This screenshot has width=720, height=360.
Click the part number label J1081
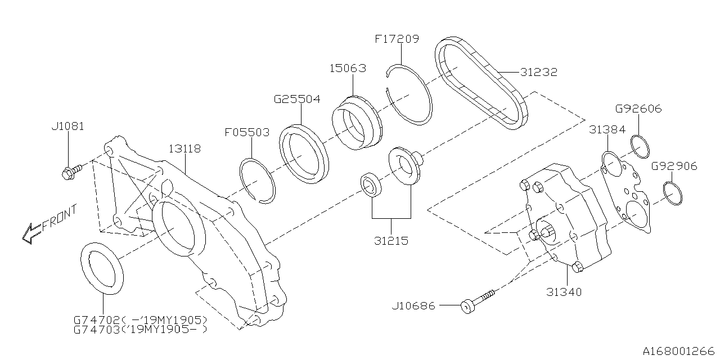point(67,127)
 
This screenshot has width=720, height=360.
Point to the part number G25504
point(297,100)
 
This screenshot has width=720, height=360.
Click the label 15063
point(348,69)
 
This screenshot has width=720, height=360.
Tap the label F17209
point(397,39)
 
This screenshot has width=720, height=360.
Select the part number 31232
point(538,73)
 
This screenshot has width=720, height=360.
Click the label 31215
point(391,241)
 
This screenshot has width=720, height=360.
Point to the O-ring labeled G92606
point(640,146)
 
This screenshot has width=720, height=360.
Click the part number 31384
point(607,129)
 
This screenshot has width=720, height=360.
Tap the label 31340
point(564,292)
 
